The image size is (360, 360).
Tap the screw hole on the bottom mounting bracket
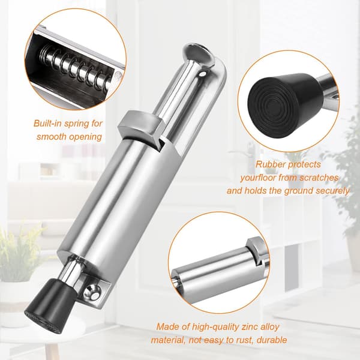92,293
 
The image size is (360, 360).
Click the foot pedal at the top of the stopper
199,56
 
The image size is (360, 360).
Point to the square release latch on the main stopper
142,125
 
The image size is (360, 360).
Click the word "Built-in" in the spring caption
47,123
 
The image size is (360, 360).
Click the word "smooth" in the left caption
51,137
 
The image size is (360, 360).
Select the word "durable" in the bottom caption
272,340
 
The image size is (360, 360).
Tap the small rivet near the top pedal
203,74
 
